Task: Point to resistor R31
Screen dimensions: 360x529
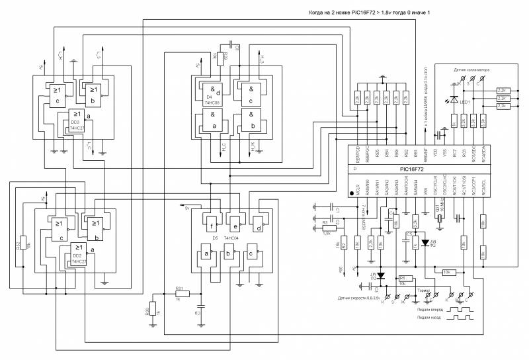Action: tap(179, 293)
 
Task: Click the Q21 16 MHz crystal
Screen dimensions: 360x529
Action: tap(438, 216)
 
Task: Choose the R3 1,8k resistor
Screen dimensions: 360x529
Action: tap(326, 228)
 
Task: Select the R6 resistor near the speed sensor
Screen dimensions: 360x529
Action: tap(401, 279)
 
